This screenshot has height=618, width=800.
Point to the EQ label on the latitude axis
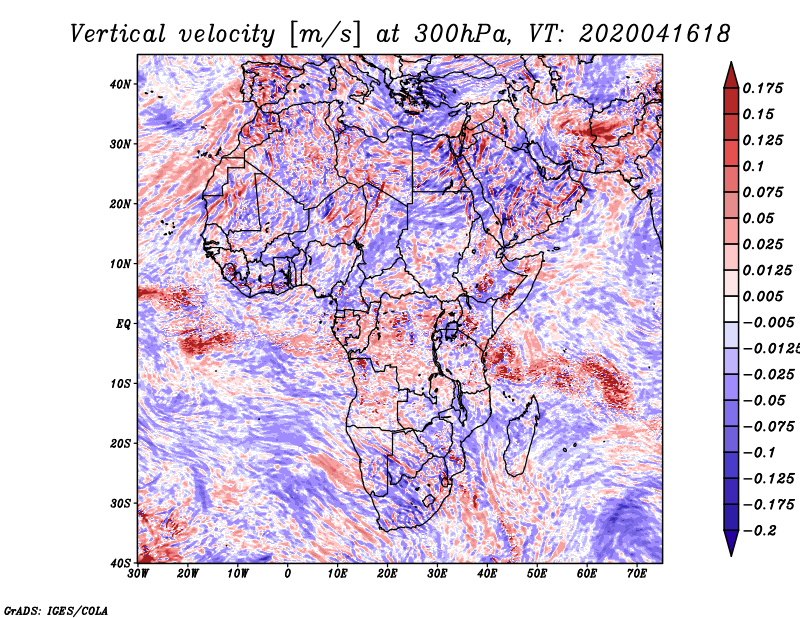click(124, 323)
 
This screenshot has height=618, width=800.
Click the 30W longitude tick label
click(139, 573)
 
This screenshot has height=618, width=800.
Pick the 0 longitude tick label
click(288, 573)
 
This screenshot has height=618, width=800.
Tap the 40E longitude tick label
click(487, 573)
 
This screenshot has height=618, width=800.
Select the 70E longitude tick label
click(636, 573)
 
